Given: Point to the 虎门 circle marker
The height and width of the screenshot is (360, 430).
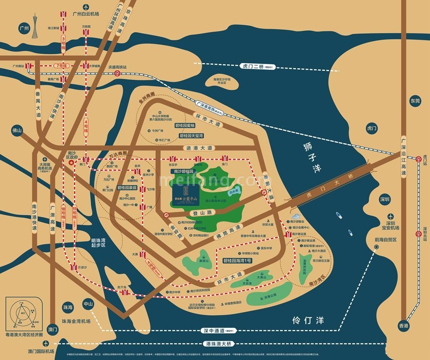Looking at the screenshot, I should point(372,128).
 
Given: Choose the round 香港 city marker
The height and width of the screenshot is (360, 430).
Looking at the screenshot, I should point(404,326).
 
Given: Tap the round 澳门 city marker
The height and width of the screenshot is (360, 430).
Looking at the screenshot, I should point(53,329).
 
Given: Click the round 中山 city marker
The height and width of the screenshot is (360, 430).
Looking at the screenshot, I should point(88,303).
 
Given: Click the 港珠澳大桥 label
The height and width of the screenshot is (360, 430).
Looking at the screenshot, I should point(218,344).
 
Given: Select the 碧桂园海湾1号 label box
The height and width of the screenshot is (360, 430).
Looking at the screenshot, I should point(237,260).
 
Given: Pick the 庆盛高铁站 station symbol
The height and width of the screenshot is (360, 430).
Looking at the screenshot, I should point(117,74).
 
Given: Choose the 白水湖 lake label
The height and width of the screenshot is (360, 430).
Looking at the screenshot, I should point(234,191).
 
